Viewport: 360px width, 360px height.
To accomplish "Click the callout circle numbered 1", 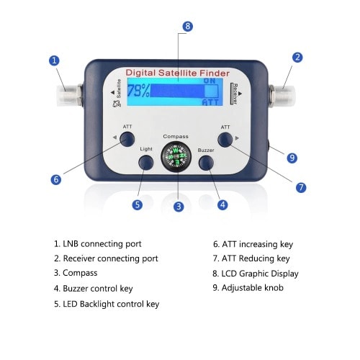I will (x=53, y=60).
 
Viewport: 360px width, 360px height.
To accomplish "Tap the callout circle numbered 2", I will (x=297, y=57).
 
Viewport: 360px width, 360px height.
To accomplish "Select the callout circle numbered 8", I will (x=188, y=27).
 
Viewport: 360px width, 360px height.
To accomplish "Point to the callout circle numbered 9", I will (x=292, y=158).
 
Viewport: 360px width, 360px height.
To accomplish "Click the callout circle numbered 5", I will (x=137, y=204).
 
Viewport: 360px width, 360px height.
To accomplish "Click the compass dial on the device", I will (x=176, y=157).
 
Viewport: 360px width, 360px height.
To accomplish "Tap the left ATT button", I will (x=127, y=139).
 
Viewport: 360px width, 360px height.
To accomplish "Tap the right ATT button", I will (x=227, y=139).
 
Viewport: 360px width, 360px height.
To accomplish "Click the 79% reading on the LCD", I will (x=140, y=92).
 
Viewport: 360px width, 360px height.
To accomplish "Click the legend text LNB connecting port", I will (x=97, y=244).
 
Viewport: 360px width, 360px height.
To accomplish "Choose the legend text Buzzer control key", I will (x=94, y=289).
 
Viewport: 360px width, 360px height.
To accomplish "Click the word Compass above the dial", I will (x=176, y=135).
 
